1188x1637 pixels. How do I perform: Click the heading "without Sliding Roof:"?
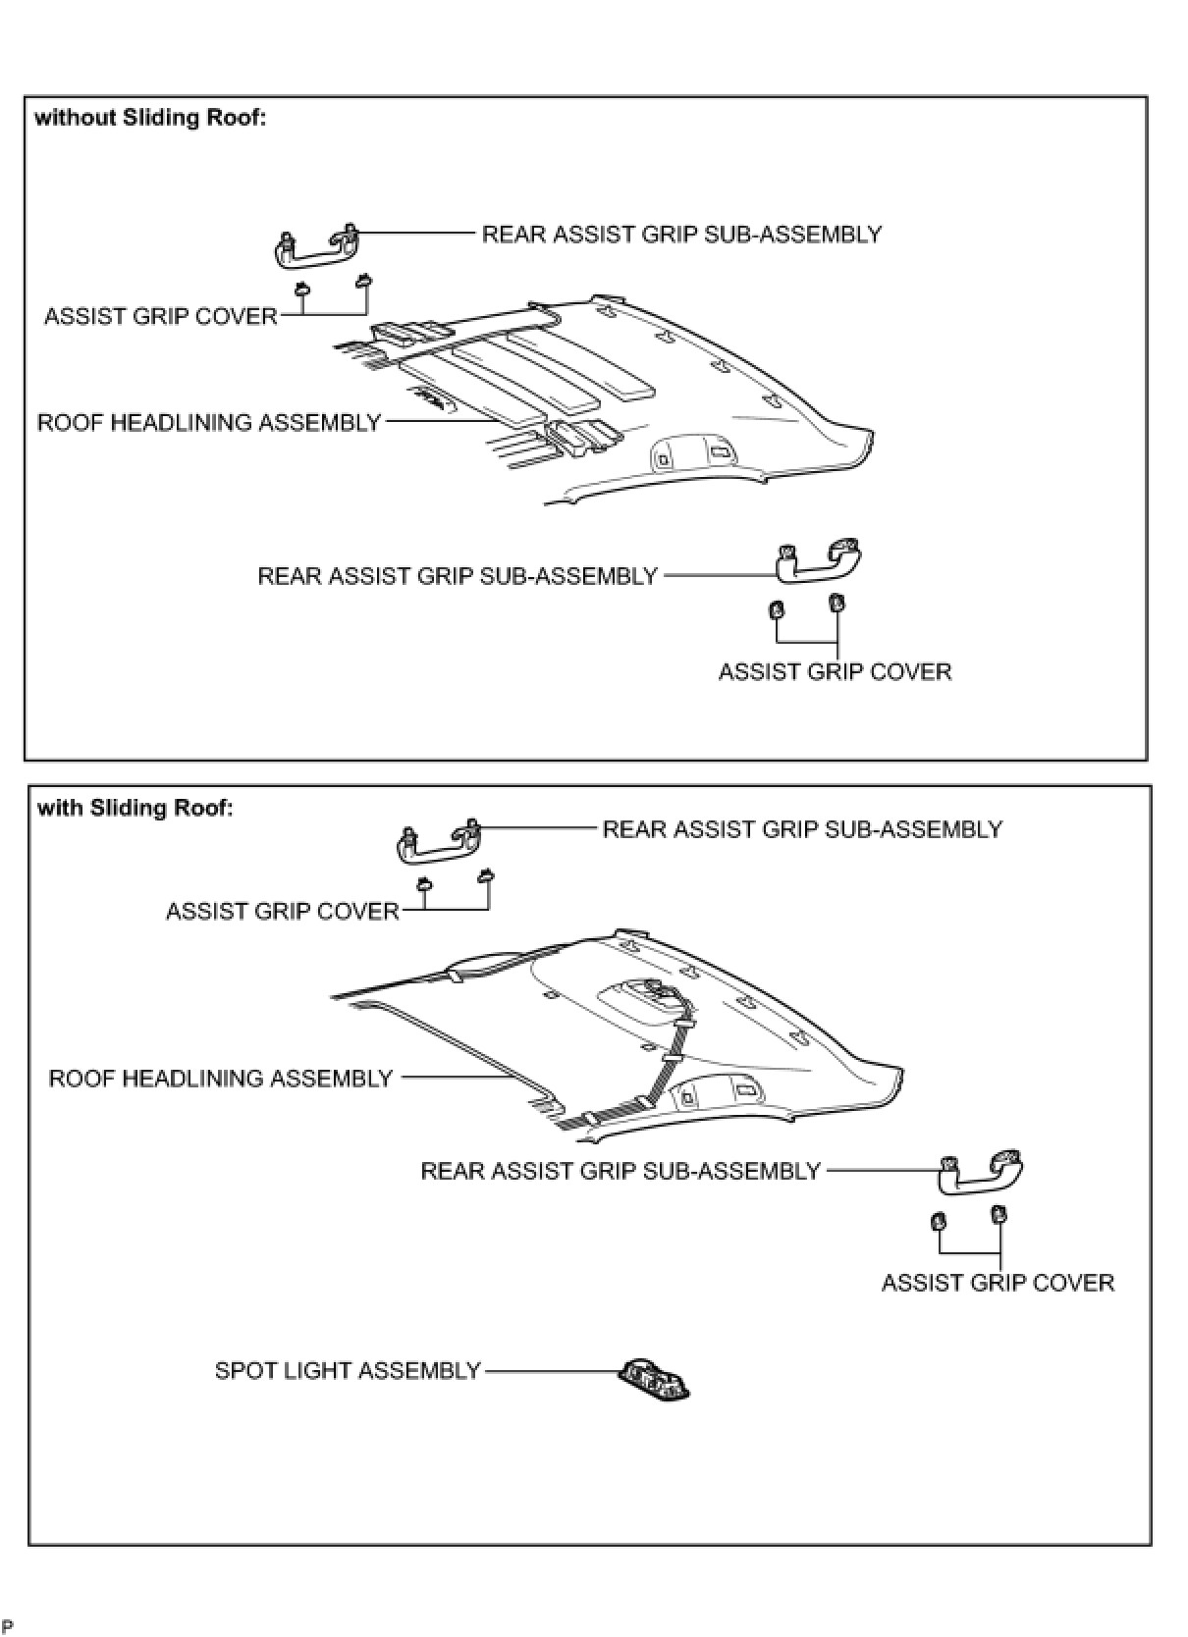[x=150, y=119]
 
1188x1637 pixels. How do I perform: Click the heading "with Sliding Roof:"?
[x=135, y=809]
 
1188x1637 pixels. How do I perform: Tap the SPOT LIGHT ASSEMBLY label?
[x=348, y=1370]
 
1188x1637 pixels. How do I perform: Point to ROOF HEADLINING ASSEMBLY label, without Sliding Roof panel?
[x=209, y=423]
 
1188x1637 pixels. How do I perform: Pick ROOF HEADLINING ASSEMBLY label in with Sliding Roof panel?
[x=221, y=1079]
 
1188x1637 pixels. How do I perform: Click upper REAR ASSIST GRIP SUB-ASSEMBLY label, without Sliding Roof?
[x=681, y=235]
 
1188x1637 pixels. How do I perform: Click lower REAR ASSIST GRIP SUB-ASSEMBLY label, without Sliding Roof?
[x=458, y=576]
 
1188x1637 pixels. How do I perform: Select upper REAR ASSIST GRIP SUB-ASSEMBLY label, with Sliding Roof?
[x=802, y=829]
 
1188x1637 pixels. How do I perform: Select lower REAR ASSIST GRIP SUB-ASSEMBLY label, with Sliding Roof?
[x=621, y=1171]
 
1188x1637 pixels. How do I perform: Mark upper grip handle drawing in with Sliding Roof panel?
[x=438, y=843]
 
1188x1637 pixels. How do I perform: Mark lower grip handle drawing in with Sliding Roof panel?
[x=982, y=1171]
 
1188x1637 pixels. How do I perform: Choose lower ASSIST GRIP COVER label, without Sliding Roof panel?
[x=835, y=672]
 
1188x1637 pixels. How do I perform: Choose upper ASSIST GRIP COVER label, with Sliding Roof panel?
[x=283, y=912]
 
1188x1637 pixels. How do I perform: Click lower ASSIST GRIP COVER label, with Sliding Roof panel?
[x=998, y=1284]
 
